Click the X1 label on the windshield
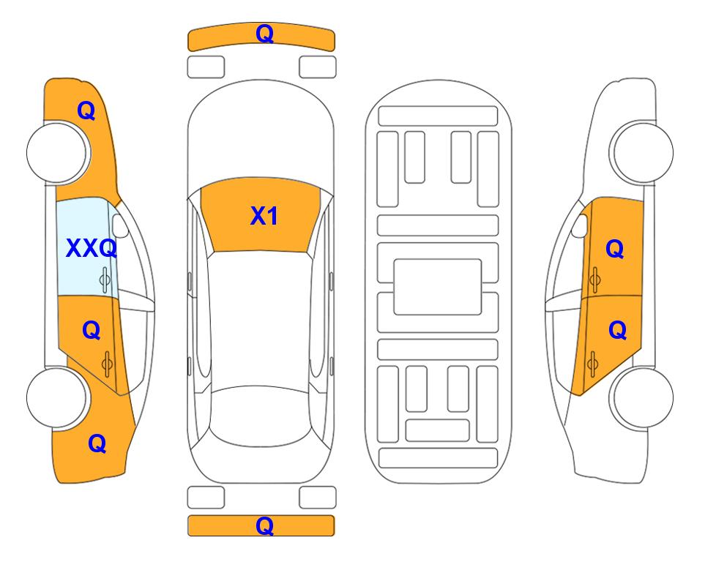pos(264,216)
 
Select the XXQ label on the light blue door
pos(92,248)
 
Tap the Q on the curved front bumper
pos(264,33)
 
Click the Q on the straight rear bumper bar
pos(264,525)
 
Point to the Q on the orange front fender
pos(86,110)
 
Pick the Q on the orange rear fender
pos(97,443)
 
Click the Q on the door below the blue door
pos(92,331)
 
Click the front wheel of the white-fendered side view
pos(643,152)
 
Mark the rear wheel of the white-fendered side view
pos(643,397)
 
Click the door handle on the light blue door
pos(105,280)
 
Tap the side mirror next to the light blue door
pos(120,225)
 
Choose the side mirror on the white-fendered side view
pos(580,225)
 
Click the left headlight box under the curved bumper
pos(206,67)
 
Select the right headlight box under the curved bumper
pos(318,67)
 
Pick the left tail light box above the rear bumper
pos(206,498)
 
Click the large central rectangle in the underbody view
pos(438,287)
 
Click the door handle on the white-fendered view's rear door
pos(592,364)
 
